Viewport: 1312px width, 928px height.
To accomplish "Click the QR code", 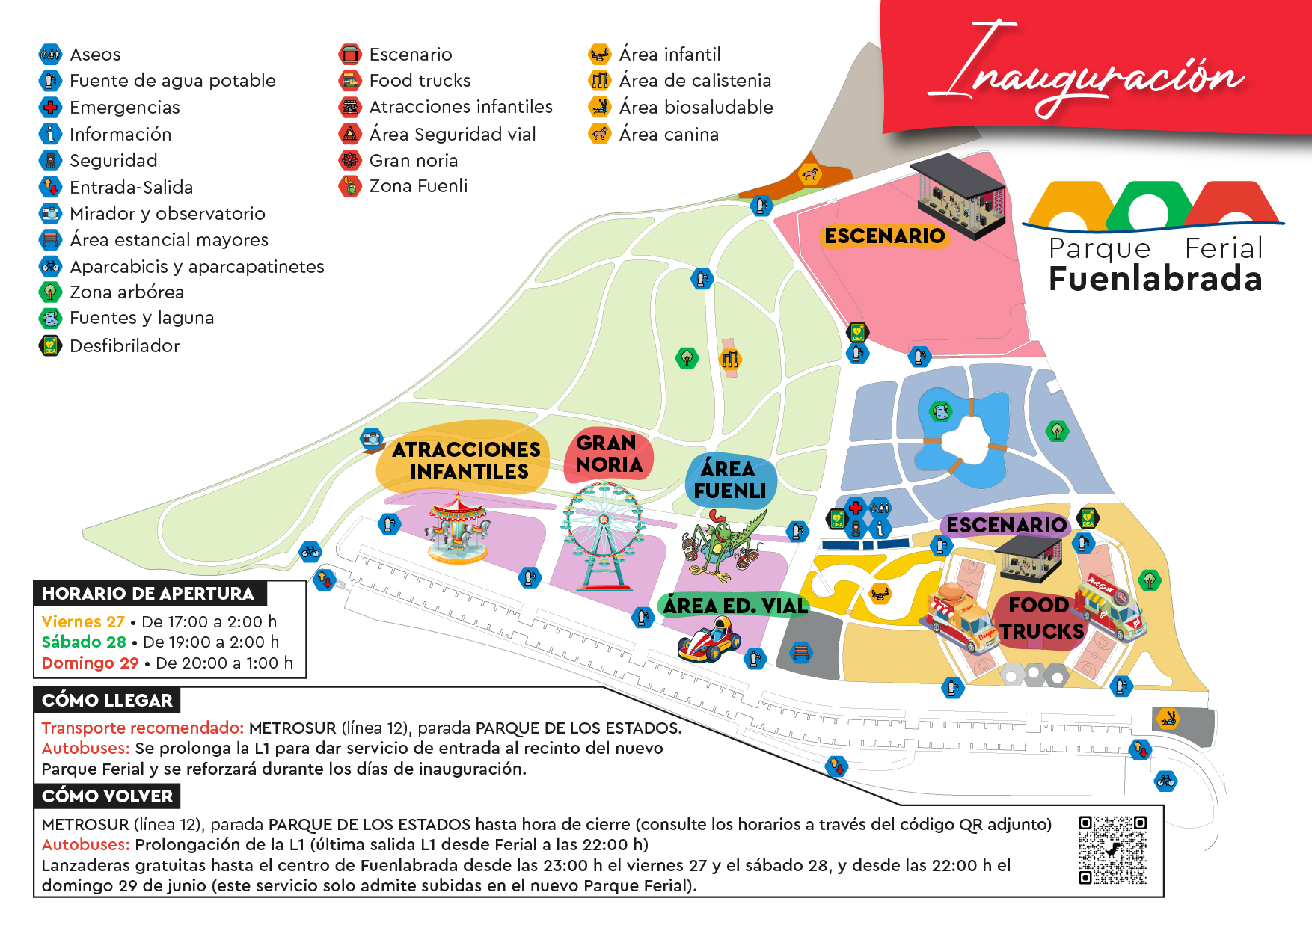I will (x=1112, y=849).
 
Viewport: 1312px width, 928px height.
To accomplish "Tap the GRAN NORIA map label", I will (x=609, y=454).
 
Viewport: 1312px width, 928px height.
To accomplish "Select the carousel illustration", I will (x=459, y=529).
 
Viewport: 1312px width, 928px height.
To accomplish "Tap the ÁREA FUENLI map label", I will (x=729, y=480).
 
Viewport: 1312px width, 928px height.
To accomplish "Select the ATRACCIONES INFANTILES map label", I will (x=467, y=460).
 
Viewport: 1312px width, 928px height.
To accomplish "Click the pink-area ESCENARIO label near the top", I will (x=884, y=236).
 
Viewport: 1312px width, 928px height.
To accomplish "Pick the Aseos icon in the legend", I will (x=50, y=54).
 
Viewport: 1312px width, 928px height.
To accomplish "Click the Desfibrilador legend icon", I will (x=50, y=345).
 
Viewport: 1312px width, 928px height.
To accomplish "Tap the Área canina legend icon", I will (x=599, y=134).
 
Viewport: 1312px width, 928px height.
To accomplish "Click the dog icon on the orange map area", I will (x=810, y=175).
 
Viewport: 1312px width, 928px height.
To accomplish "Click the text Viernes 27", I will (x=83, y=621).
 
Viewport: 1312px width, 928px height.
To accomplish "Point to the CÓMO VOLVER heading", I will (x=107, y=796).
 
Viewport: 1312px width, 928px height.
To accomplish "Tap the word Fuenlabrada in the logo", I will (x=1155, y=279).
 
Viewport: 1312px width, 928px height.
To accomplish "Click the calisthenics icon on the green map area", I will (x=730, y=359).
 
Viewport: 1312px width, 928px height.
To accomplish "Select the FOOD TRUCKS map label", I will (x=1040, y=618).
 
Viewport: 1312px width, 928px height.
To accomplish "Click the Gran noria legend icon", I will (x=349, y=160).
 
